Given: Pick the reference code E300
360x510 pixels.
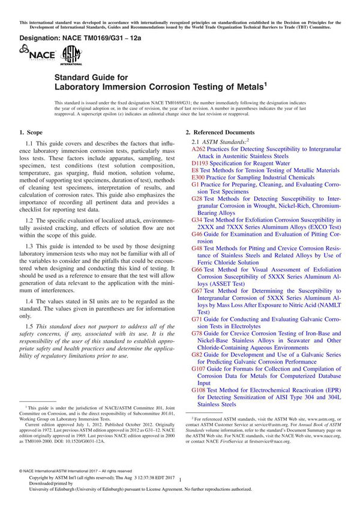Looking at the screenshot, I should point(199,178).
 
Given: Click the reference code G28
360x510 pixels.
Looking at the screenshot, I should point(197,198).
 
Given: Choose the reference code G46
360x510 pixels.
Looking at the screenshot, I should point(197,233).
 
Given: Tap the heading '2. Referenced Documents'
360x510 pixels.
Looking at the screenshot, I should point(220,132).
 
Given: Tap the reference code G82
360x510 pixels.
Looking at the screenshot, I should point(197,355).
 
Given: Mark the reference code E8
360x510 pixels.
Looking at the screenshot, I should point(196,170).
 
